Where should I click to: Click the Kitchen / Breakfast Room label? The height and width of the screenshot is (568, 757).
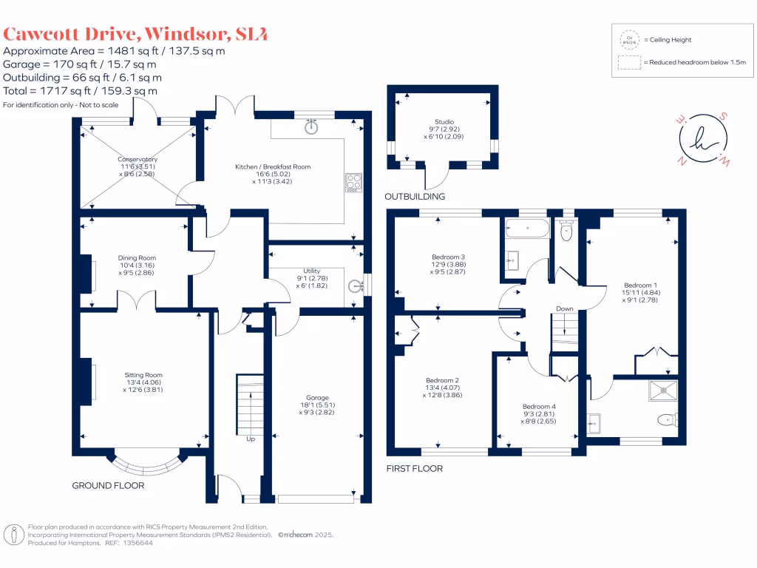click(x=273, y=167)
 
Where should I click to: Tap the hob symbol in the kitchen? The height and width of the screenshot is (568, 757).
click(x=353, y=182)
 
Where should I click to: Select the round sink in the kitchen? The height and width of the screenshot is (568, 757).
click(x=312, y=126)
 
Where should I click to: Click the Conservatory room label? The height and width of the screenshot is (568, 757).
click(x=137, y=159)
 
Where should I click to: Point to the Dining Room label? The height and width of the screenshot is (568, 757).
click(x=137, y=258)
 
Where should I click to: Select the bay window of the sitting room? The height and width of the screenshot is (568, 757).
click(x=145, y=464)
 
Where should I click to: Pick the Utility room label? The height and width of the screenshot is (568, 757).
click(x=311, y=271)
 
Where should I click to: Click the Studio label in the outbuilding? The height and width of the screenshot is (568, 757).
click(x=444, y=122)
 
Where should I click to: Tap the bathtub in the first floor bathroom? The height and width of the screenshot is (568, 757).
click(x=526, y=228)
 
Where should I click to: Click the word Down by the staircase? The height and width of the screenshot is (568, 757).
click(x=565, y=309)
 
